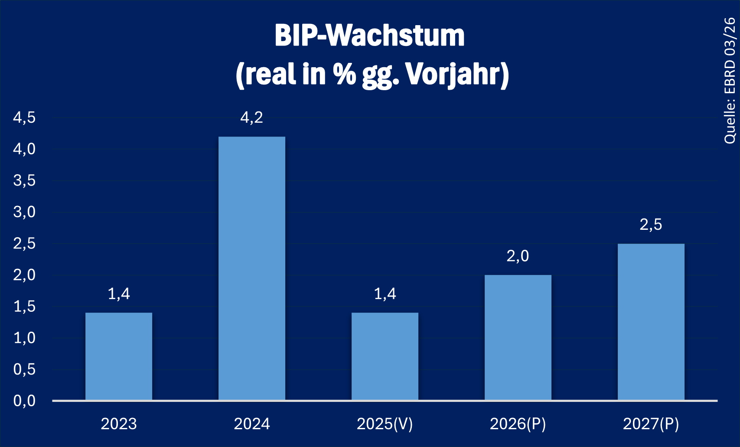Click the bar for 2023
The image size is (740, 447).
119,356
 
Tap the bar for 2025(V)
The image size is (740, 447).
385,356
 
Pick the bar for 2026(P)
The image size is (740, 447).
518,337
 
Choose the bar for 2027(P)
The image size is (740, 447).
651,322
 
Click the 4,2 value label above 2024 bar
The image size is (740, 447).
252,117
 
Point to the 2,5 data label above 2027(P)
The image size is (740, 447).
651,225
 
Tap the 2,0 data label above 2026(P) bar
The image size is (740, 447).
518,256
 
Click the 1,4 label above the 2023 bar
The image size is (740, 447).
119,294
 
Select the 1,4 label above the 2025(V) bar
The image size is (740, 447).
385,294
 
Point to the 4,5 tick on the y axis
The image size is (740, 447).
24,117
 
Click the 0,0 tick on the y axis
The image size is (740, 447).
24,401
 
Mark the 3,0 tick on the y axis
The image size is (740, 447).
24,212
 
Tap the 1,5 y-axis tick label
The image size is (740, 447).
24,307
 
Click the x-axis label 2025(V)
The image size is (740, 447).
385,424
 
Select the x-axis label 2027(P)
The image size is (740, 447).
651,424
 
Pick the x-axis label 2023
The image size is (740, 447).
119,424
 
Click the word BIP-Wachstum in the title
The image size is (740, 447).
370,36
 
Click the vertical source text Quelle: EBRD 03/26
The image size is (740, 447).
730,81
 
